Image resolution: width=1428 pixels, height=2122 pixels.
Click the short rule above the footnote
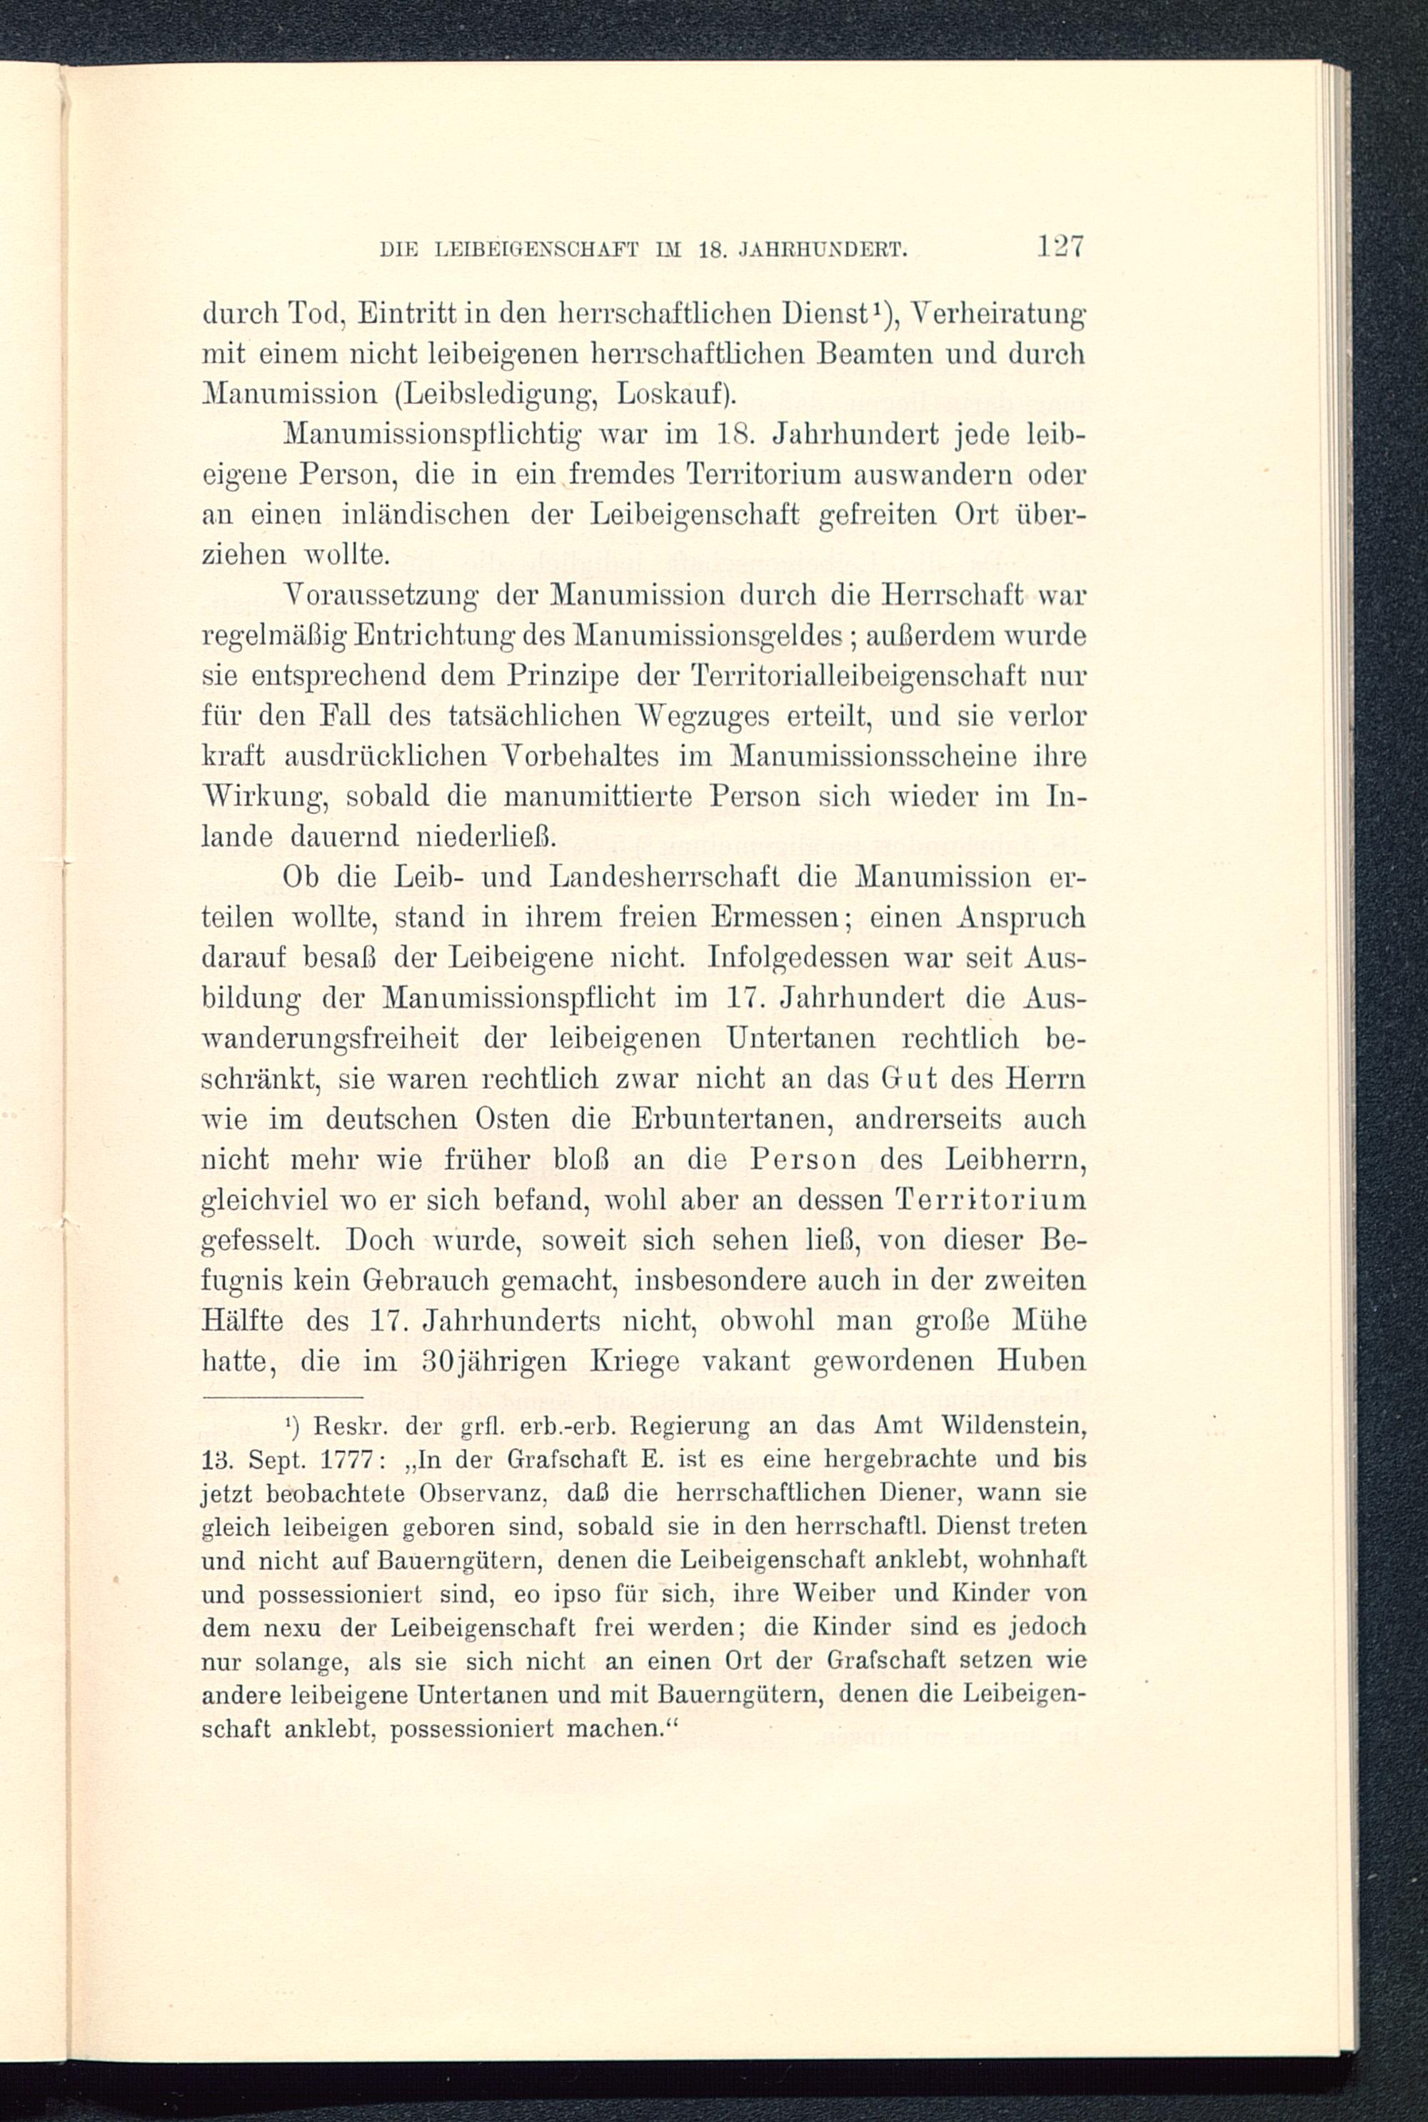(x=281, y=1396)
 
